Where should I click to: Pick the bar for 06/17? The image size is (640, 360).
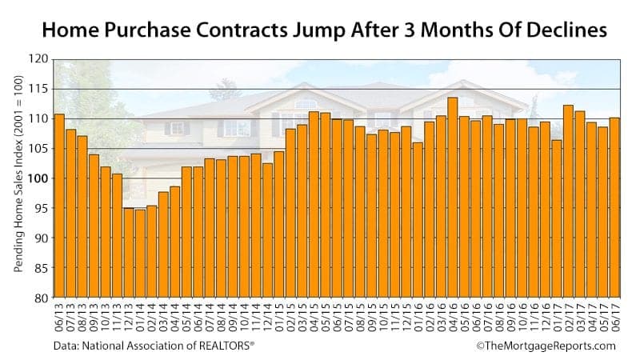(x=615, y=208)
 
